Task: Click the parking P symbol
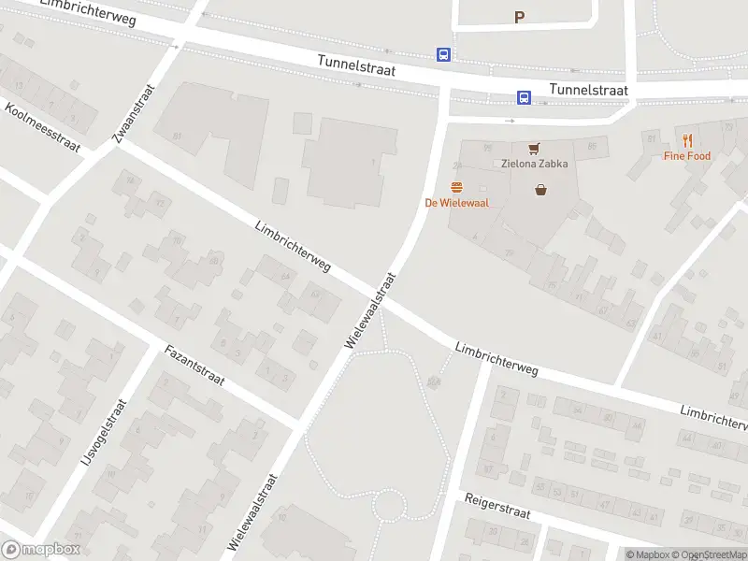520,16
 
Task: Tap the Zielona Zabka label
533,164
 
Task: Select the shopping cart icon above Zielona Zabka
533,148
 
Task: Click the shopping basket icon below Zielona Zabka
540,190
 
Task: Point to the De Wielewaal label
457,203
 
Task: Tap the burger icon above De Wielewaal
457,187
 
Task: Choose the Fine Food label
687,156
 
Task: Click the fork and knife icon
687,140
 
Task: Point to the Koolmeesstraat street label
43,127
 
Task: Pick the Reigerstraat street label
497,507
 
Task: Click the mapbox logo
41,550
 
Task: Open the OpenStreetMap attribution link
708,555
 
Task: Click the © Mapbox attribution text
647,555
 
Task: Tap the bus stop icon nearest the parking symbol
443,55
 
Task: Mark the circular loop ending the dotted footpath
388,506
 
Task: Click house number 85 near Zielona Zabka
591,147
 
